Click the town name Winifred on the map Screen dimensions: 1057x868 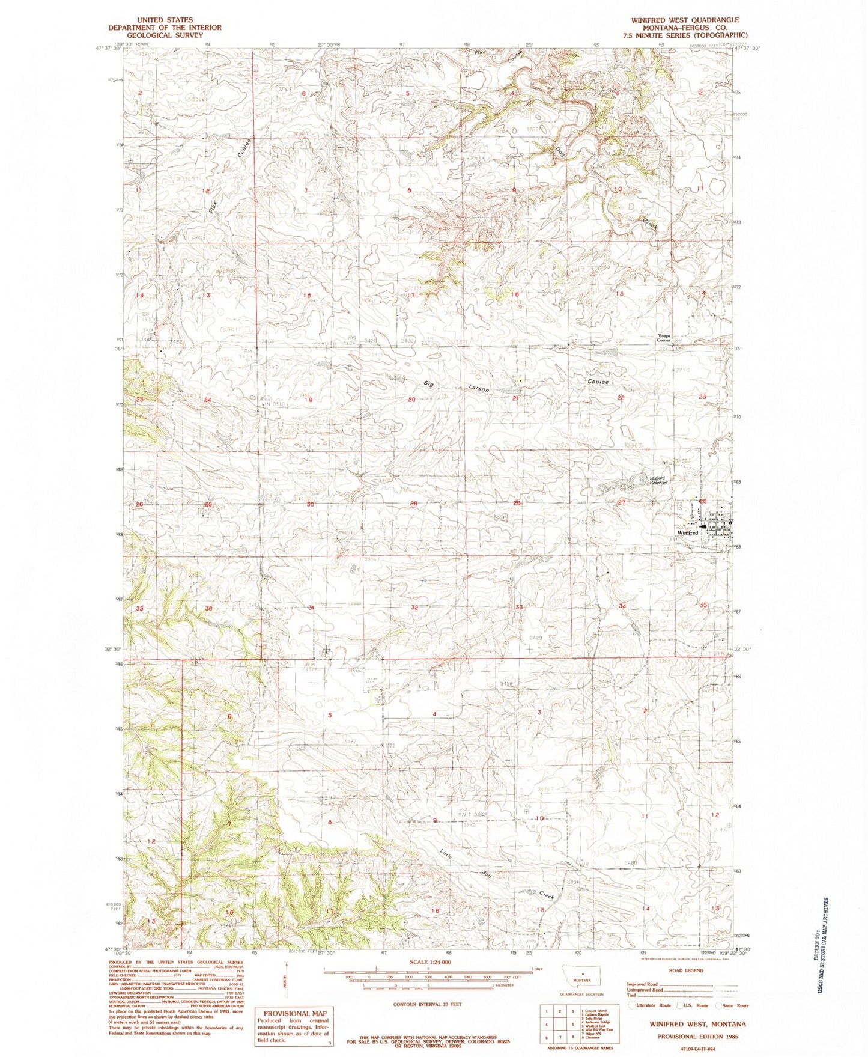pyautogui.click(x=687, y=533)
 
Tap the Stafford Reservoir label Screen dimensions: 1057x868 pyautogui.click(x=659, y=480)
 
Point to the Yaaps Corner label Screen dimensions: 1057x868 pyautogui.click(x=663, y=338)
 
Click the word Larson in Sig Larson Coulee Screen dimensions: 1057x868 pyautogui.click(x=476, y=388)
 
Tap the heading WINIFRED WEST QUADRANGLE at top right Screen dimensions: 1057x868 pyautogui.click(x=685, y=20)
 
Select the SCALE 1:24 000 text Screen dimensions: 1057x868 pyautogui.click(x=428, y=961)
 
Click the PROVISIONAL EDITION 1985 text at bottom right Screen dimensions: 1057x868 pyautogui.click(x=697, y=1037)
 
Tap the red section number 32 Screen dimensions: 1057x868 pyautogui.click(x=414, y=608)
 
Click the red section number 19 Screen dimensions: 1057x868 pyautogui.click(x=310, y=400)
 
